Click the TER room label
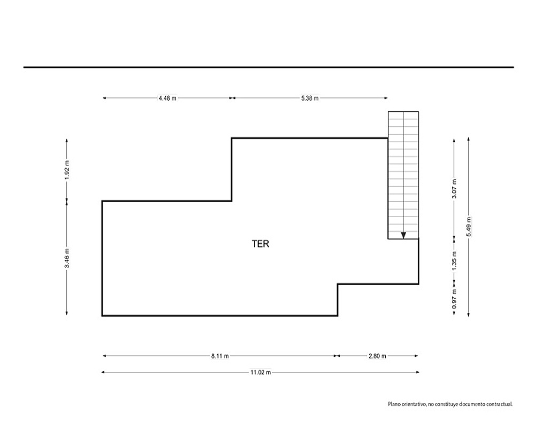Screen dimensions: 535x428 coord(261,244)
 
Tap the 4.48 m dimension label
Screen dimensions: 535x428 coord(167,98)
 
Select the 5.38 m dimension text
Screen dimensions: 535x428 coord(310,98)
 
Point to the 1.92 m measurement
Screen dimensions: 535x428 coord(67,170)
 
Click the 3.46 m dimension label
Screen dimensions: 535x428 coord(67,258)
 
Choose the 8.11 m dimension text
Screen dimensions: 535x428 coord(220,356)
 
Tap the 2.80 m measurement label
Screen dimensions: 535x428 coord(377,356)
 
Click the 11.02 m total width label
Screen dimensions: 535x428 coord(261,372)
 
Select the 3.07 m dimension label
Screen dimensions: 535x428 coord(454,188)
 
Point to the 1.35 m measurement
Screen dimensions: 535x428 coord(454,261)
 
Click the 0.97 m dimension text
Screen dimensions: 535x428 coord(454,299)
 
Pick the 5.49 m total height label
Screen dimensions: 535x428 coord(469,227)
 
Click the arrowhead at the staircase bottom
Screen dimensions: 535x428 coord(403,235)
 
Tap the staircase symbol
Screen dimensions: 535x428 coord(403,175)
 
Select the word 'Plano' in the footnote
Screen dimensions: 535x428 coord(394,404)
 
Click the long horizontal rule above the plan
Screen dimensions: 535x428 coord(269,67)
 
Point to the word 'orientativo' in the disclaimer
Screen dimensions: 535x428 coord(414,404)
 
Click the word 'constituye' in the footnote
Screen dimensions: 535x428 coord(447,404)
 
